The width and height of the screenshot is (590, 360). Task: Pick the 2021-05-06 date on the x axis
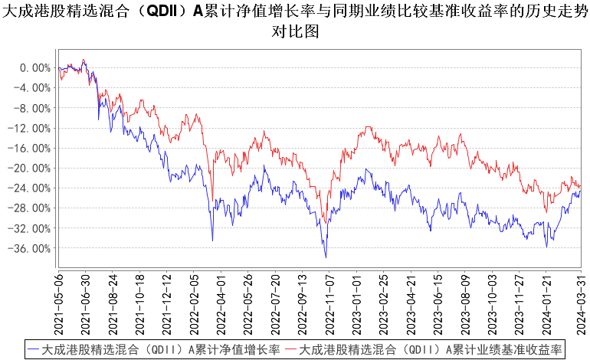(60, 302)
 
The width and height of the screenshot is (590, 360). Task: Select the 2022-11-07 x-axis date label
(327, 302)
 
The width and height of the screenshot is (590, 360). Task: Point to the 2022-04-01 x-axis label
(220, 302)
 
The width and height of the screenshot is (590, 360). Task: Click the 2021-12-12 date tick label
(166, 302)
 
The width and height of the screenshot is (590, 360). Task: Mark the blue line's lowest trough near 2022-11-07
(326, 257)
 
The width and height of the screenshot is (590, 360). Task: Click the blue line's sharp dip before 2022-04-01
(212, 241)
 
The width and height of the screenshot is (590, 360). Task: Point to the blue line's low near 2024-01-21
(546, 247)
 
